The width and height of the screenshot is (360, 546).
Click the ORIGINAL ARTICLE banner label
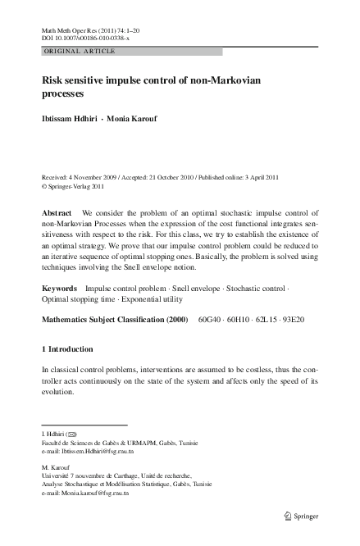(x=80, y=51)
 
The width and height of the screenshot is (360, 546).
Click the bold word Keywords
(x=60, y=289)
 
